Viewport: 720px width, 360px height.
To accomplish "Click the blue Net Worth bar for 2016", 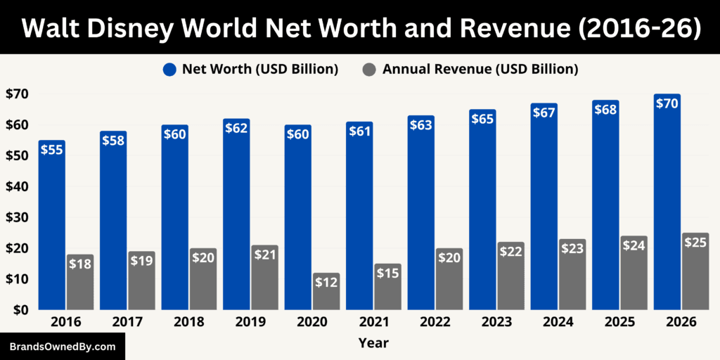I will point(52,225).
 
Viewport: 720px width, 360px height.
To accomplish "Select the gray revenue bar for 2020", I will point(326,292).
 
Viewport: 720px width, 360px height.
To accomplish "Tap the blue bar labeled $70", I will point(667,204).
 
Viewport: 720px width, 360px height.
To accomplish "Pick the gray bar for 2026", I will point(695,274).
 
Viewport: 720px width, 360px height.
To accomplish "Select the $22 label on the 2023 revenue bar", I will point(510,251).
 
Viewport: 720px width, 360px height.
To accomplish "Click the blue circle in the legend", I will point(169,69).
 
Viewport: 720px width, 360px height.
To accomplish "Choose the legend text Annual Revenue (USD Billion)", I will point(480,69).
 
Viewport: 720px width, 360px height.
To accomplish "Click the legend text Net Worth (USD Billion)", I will point(260,69).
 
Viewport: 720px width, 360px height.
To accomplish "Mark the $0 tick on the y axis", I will point(20,310).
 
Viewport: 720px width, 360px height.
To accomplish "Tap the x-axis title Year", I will point(373,344).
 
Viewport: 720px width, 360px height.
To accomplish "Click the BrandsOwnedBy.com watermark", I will point(62,347).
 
